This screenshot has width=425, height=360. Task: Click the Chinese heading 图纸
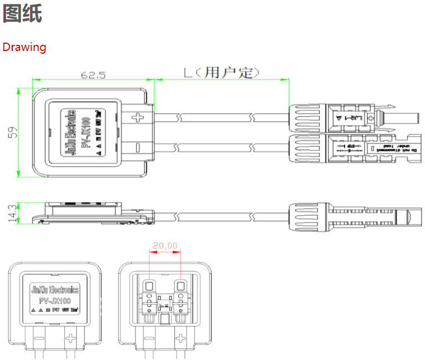tap(22, 14)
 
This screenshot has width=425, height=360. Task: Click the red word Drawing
tap(24, 47)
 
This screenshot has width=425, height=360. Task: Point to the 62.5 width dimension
tap(93, 74)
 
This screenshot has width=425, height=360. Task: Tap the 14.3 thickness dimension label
tap(12, 213)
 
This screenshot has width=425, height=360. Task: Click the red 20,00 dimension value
tap(165, 245)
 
